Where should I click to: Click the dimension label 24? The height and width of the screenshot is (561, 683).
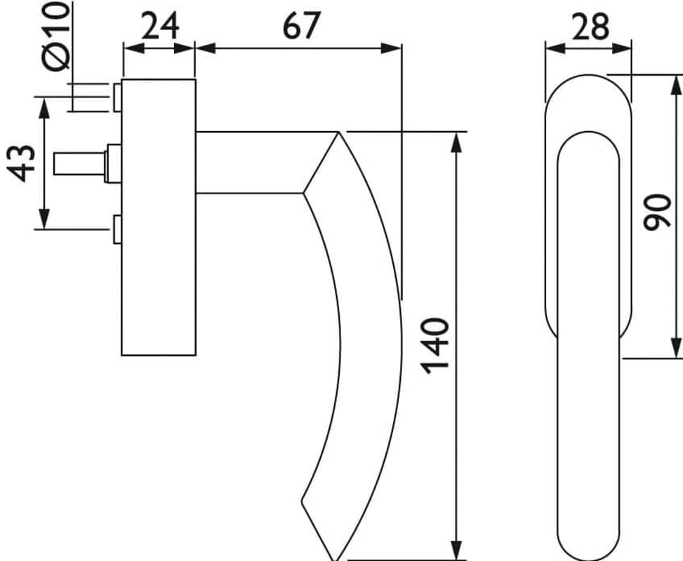160,26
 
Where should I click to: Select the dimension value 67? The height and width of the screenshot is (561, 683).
301,26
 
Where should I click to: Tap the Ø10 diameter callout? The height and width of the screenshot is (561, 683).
57,36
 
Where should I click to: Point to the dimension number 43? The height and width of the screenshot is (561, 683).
21,163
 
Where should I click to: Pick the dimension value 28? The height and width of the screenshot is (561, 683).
590,27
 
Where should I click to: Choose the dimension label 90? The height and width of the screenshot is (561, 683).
657,212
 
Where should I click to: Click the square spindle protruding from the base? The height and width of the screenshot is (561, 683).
80,163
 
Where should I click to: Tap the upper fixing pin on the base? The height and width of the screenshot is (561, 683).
117,97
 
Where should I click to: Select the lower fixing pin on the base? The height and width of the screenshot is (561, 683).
117,229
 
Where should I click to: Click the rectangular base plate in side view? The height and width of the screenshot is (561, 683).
159,217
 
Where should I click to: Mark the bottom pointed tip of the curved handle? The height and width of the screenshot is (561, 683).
336,560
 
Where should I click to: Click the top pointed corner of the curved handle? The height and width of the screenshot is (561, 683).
338,132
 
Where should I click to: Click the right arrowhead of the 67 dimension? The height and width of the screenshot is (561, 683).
390,48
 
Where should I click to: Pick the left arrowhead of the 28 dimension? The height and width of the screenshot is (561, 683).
556,48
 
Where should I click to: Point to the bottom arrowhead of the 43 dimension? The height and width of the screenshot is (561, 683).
44,218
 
